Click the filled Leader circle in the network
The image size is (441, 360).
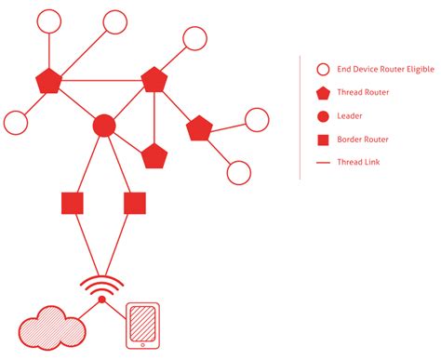[x=104, y=126]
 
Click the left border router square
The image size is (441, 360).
[x=73, y=202]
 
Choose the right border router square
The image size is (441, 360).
[x=134, y=202]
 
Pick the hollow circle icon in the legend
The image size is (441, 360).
[x=323, y=70]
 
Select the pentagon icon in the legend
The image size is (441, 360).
[x=323, y=93]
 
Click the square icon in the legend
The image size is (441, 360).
[x=323, y=140]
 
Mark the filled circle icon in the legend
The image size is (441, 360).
[x=323, y=116]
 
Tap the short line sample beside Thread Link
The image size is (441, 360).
[x=323, y=163]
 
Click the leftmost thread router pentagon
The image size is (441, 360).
[x=47, y=82]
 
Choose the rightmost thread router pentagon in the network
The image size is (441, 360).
[x=199, y=129]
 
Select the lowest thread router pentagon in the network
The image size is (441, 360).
[x=154, y=155]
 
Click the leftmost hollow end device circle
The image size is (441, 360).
[x=16, y=122]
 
